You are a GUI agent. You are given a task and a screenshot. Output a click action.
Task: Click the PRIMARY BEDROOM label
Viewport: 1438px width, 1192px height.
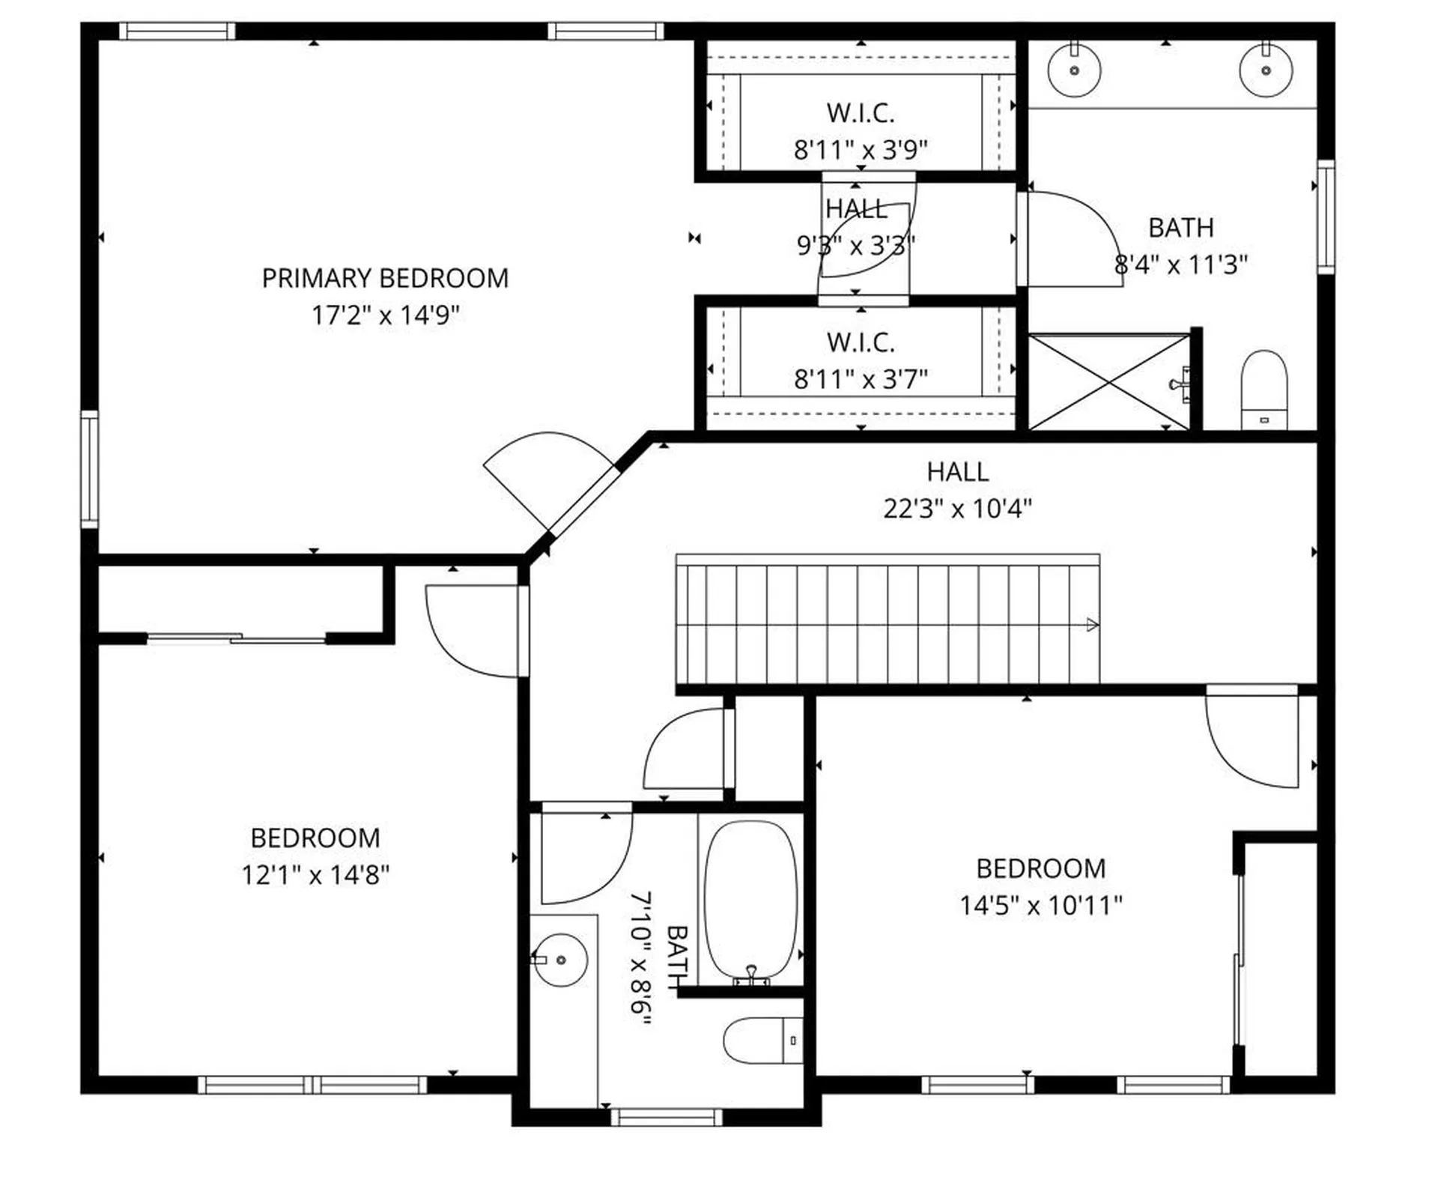point(385,278)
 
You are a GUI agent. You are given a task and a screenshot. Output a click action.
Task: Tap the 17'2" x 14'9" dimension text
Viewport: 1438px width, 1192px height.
point(385,315)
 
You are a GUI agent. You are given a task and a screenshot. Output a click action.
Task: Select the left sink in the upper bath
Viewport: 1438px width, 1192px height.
point(1074,70)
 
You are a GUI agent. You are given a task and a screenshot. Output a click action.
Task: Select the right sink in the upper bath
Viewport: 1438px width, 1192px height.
point(1266,70)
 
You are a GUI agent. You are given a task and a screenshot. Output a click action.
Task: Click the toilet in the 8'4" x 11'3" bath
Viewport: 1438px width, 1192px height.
point(1264,390)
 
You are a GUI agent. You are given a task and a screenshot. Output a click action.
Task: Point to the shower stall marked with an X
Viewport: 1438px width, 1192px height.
point(1108,383)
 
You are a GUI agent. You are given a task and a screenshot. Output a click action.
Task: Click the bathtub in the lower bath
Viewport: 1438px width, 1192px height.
point(750,899)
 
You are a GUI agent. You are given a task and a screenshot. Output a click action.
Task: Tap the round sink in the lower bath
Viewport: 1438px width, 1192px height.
point(561,960)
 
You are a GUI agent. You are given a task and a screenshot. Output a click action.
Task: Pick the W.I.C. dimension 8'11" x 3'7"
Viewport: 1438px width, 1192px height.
point(861,379)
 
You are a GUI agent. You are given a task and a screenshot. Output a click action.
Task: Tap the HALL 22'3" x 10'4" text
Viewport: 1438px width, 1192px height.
point(957,491)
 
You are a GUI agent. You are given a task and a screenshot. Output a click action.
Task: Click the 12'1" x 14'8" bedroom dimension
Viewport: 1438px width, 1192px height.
point(315,874)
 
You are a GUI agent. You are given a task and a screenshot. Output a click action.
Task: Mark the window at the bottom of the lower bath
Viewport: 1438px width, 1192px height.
point(667,1118)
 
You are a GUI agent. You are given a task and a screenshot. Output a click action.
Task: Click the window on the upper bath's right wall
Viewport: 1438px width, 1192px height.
point(1326,217)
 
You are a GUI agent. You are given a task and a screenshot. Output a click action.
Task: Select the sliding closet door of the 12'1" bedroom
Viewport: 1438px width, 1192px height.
point(237,638)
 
